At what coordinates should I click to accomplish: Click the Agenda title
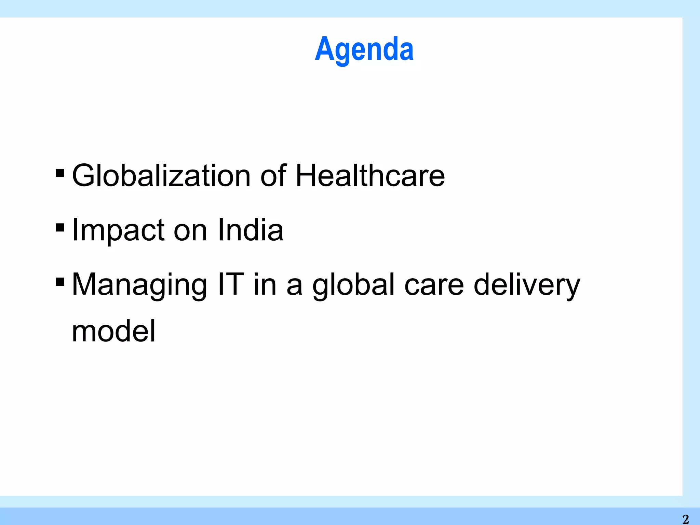coord(364,50)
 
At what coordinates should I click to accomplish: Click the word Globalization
coord(161,176)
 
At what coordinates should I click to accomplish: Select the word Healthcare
coord(370,176)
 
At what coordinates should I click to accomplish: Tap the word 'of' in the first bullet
coord(273,176)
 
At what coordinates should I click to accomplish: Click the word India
coord(250,230)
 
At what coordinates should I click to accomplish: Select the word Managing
coord(139,285)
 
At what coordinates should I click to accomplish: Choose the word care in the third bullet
coord(434,286)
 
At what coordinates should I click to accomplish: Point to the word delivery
coord(527,285)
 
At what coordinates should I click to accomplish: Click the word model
coord(113,331)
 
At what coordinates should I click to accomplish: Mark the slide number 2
coord(685,519)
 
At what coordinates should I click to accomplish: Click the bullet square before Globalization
coord(60,173)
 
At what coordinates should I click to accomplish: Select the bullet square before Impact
coord(60,227)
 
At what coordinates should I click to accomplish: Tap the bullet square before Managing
coord(60,282)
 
